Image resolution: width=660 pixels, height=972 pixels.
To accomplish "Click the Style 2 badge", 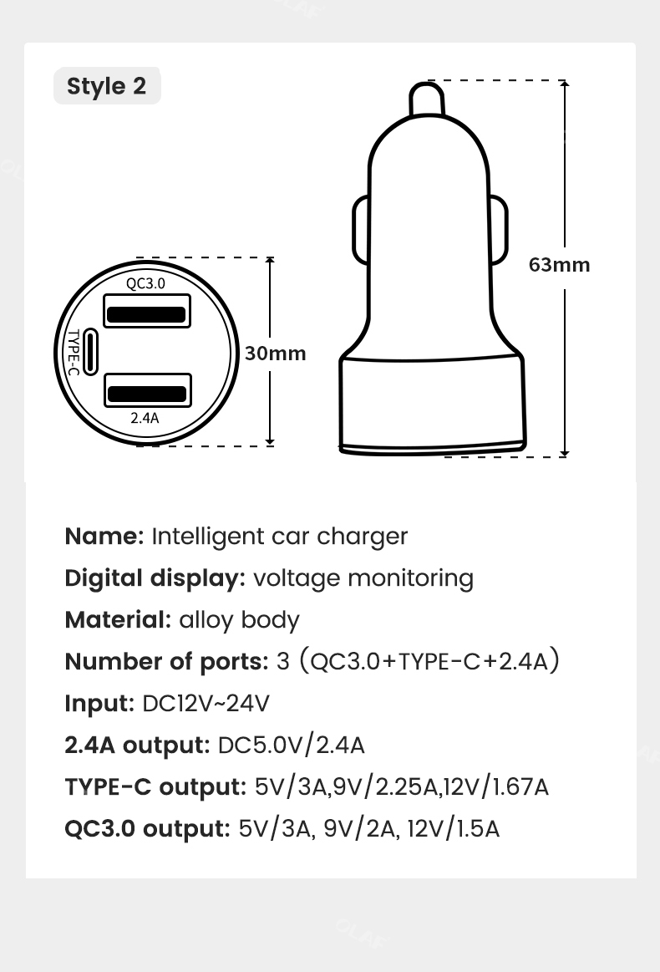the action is click(107, 85).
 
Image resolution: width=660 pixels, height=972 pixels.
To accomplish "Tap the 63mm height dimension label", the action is click(559, 265).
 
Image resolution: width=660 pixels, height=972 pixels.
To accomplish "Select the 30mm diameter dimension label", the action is click(275, 354).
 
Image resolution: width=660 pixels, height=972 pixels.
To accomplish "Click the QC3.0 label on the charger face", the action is click(145, 283).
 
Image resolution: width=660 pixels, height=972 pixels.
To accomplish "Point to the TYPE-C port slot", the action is click(90, 352).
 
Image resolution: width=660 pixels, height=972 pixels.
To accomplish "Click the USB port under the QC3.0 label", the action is click(146, 311).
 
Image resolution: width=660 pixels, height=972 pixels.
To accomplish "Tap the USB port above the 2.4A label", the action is click(148, 390).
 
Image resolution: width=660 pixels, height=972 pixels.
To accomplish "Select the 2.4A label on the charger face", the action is click(145, 418).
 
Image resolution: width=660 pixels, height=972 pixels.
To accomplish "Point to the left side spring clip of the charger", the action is click(361, 230).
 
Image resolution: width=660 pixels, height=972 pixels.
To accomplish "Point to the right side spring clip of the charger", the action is click(498, 230).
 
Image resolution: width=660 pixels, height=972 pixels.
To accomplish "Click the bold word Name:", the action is click(104, 537).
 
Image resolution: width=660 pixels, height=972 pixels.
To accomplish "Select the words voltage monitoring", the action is click(363, 578).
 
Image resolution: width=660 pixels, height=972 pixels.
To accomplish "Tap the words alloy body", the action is click(239, 620).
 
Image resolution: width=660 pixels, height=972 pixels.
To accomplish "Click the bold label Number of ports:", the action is click(167, 661).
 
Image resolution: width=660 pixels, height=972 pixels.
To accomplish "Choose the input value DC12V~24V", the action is click(206, 704).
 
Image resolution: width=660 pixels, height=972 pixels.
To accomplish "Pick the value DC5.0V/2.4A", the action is click(292, 746).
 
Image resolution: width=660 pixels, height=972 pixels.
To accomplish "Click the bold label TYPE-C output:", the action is click(156, 786).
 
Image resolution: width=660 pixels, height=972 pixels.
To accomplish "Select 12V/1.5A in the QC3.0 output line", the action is click(454, 829).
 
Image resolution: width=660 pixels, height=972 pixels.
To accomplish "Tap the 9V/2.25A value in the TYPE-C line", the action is click(385, 787).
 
